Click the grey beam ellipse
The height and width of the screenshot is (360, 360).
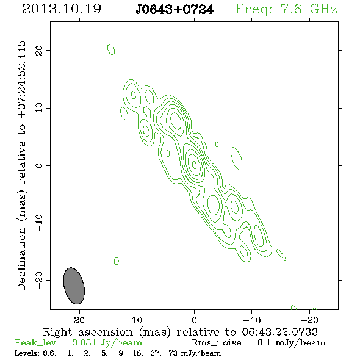click(74, 286)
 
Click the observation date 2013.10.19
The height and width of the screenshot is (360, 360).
click(62, 9)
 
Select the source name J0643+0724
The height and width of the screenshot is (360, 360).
click(175, 10)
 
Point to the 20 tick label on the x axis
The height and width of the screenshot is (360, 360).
click(79, 320)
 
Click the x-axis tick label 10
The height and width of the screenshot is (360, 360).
click(137, 320)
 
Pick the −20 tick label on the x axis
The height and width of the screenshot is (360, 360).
click(309, 320)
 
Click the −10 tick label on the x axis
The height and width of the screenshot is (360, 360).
click(252, 320)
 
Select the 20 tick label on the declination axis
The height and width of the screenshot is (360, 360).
click(39, 50)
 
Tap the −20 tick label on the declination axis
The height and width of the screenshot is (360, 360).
click(39, 280)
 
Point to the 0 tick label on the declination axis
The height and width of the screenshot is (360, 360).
click(39, 165)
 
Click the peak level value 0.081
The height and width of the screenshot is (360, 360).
click(84, 342)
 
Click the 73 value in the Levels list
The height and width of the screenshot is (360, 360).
click(173, 353)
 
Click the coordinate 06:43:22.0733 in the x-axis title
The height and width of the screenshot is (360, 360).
click(279, 332)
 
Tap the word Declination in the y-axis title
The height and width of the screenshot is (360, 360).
click(21, 259)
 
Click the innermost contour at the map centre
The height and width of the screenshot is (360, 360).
click(194, 164)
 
